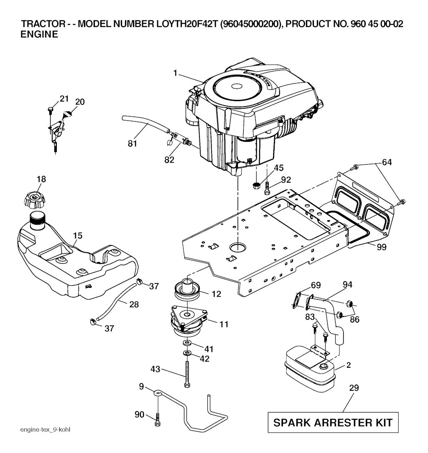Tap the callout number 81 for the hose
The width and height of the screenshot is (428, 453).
pos(132,145)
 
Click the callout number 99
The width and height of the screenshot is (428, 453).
pos(380,247)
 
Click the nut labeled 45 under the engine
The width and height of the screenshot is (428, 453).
pos(256,185)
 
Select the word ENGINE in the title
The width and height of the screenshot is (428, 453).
pos(39,35)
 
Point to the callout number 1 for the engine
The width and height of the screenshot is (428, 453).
pos(176,73)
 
